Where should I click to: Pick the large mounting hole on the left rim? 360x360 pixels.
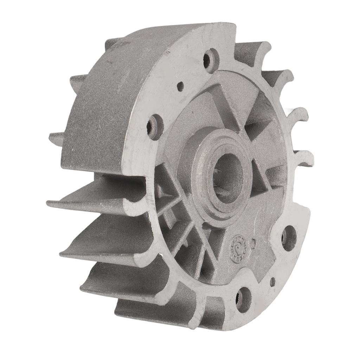pos(154,127)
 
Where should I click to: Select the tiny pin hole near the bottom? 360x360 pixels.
pos(272,282)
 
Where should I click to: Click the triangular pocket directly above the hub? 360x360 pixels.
pos(225,105)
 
